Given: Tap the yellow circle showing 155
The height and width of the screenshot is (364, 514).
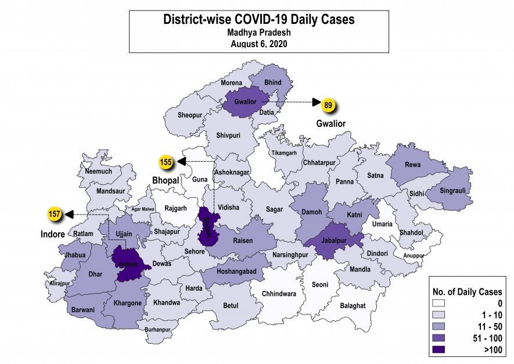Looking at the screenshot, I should pos(166,162).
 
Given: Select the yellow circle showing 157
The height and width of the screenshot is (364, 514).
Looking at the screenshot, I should pos(55,215).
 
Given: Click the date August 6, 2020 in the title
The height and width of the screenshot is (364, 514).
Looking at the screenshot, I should pos(258,44).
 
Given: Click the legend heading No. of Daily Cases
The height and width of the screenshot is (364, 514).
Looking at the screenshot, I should pos(468,291).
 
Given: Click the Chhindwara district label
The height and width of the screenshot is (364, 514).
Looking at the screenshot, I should pos(279,294).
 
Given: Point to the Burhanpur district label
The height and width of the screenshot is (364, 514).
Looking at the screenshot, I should pos(158,330).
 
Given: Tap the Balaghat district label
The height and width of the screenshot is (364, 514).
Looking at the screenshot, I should pos(352,305).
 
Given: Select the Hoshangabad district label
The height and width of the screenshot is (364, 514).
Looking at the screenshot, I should pos(235,272).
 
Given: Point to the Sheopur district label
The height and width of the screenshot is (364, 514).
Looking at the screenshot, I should pos(190,115).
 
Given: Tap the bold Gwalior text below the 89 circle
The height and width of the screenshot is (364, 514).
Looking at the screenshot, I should pos(330,124).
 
